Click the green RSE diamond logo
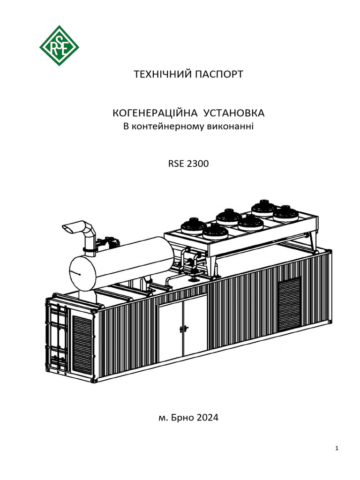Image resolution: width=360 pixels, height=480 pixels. pyautogui.click(x=59, y=45)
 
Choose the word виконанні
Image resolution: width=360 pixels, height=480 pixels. pyautogui.click(x=230, y=127)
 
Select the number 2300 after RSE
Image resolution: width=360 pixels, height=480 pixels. pyautogui.click(x=197, y=165)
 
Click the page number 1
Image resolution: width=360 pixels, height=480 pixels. pyautogui.click(x=337, y=449)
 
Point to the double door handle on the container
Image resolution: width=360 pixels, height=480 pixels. pyautogui.click(x=183, y=329)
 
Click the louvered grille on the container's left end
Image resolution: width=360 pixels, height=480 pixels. pyautogui.click(x=82, y=344)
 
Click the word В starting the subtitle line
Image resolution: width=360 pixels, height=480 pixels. pyautogui.click(x=125, y=127)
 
